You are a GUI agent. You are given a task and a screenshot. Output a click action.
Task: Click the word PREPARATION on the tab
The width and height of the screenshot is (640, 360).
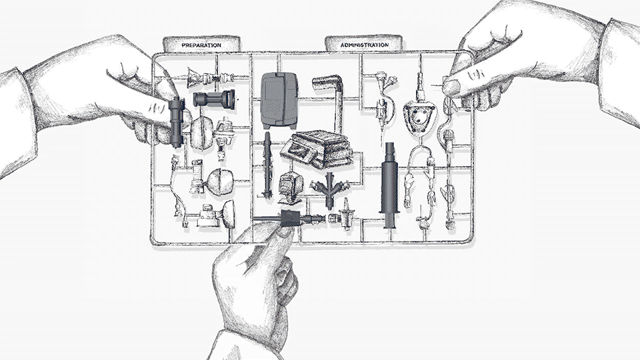point(201,45)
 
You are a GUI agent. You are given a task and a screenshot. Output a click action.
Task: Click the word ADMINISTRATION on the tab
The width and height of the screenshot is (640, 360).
point(365,45)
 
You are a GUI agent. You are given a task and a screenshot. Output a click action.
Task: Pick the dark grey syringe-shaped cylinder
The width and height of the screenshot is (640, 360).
point(389,185)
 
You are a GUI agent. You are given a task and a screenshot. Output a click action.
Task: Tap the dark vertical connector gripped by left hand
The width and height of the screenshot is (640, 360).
point(177,122)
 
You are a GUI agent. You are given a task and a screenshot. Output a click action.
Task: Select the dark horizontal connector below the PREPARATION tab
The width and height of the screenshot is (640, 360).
point(214,99)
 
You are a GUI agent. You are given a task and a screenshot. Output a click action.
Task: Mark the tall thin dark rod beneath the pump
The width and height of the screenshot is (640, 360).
point(267,164)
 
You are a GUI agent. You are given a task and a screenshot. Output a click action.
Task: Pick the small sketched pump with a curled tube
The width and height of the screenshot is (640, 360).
point(291,186)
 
